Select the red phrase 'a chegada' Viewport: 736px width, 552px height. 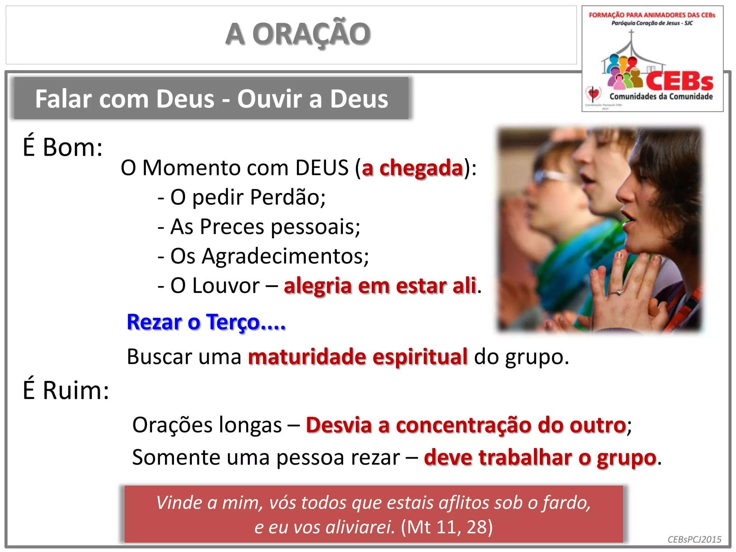coord(412,168)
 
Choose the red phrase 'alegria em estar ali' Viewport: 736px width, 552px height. coord(380,286)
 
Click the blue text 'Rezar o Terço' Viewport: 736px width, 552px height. coord(206,322)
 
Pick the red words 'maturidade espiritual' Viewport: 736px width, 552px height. coord(358,356)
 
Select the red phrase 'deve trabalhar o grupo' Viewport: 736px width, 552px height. coord(540,458)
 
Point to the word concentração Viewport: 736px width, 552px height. coord(463,425)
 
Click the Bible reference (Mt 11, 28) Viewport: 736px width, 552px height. coord(447,527)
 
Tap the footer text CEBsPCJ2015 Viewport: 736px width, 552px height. coord(694,539)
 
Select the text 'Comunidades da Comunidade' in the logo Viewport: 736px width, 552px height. coord(661,96)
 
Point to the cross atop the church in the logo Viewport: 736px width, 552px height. coord(631,33)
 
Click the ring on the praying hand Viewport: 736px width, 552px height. coord(619,292)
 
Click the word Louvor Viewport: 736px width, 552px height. coord(226,286)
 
